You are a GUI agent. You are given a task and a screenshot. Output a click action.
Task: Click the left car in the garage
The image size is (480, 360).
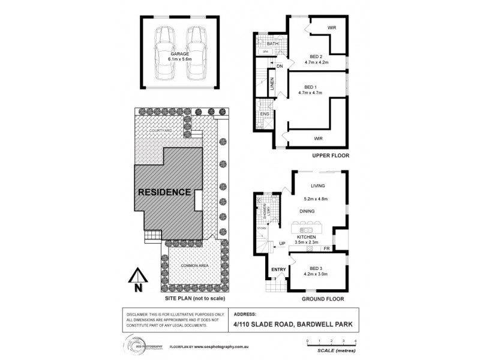pyautogui.click(x=164, y=53)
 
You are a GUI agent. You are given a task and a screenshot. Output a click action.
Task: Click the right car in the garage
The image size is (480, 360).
pyautogui.click(x=196, y=53)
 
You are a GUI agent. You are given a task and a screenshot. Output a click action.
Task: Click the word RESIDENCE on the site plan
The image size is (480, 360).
pyautogui.click(x=165, y=193)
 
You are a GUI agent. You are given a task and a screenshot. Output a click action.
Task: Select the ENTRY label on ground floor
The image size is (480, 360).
pyautogui.click(x=278, y=269)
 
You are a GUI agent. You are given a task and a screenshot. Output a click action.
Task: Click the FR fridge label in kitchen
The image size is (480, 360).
pyautogui.click(x=326, y=247)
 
